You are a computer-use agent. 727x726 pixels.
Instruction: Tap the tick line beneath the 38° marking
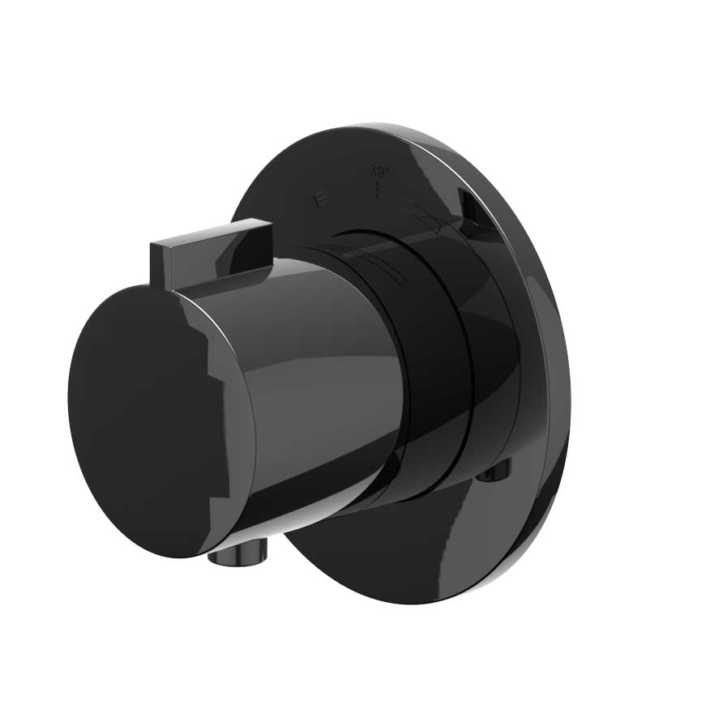[378, 190]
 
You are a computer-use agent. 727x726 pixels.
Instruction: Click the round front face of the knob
[146, 421]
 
